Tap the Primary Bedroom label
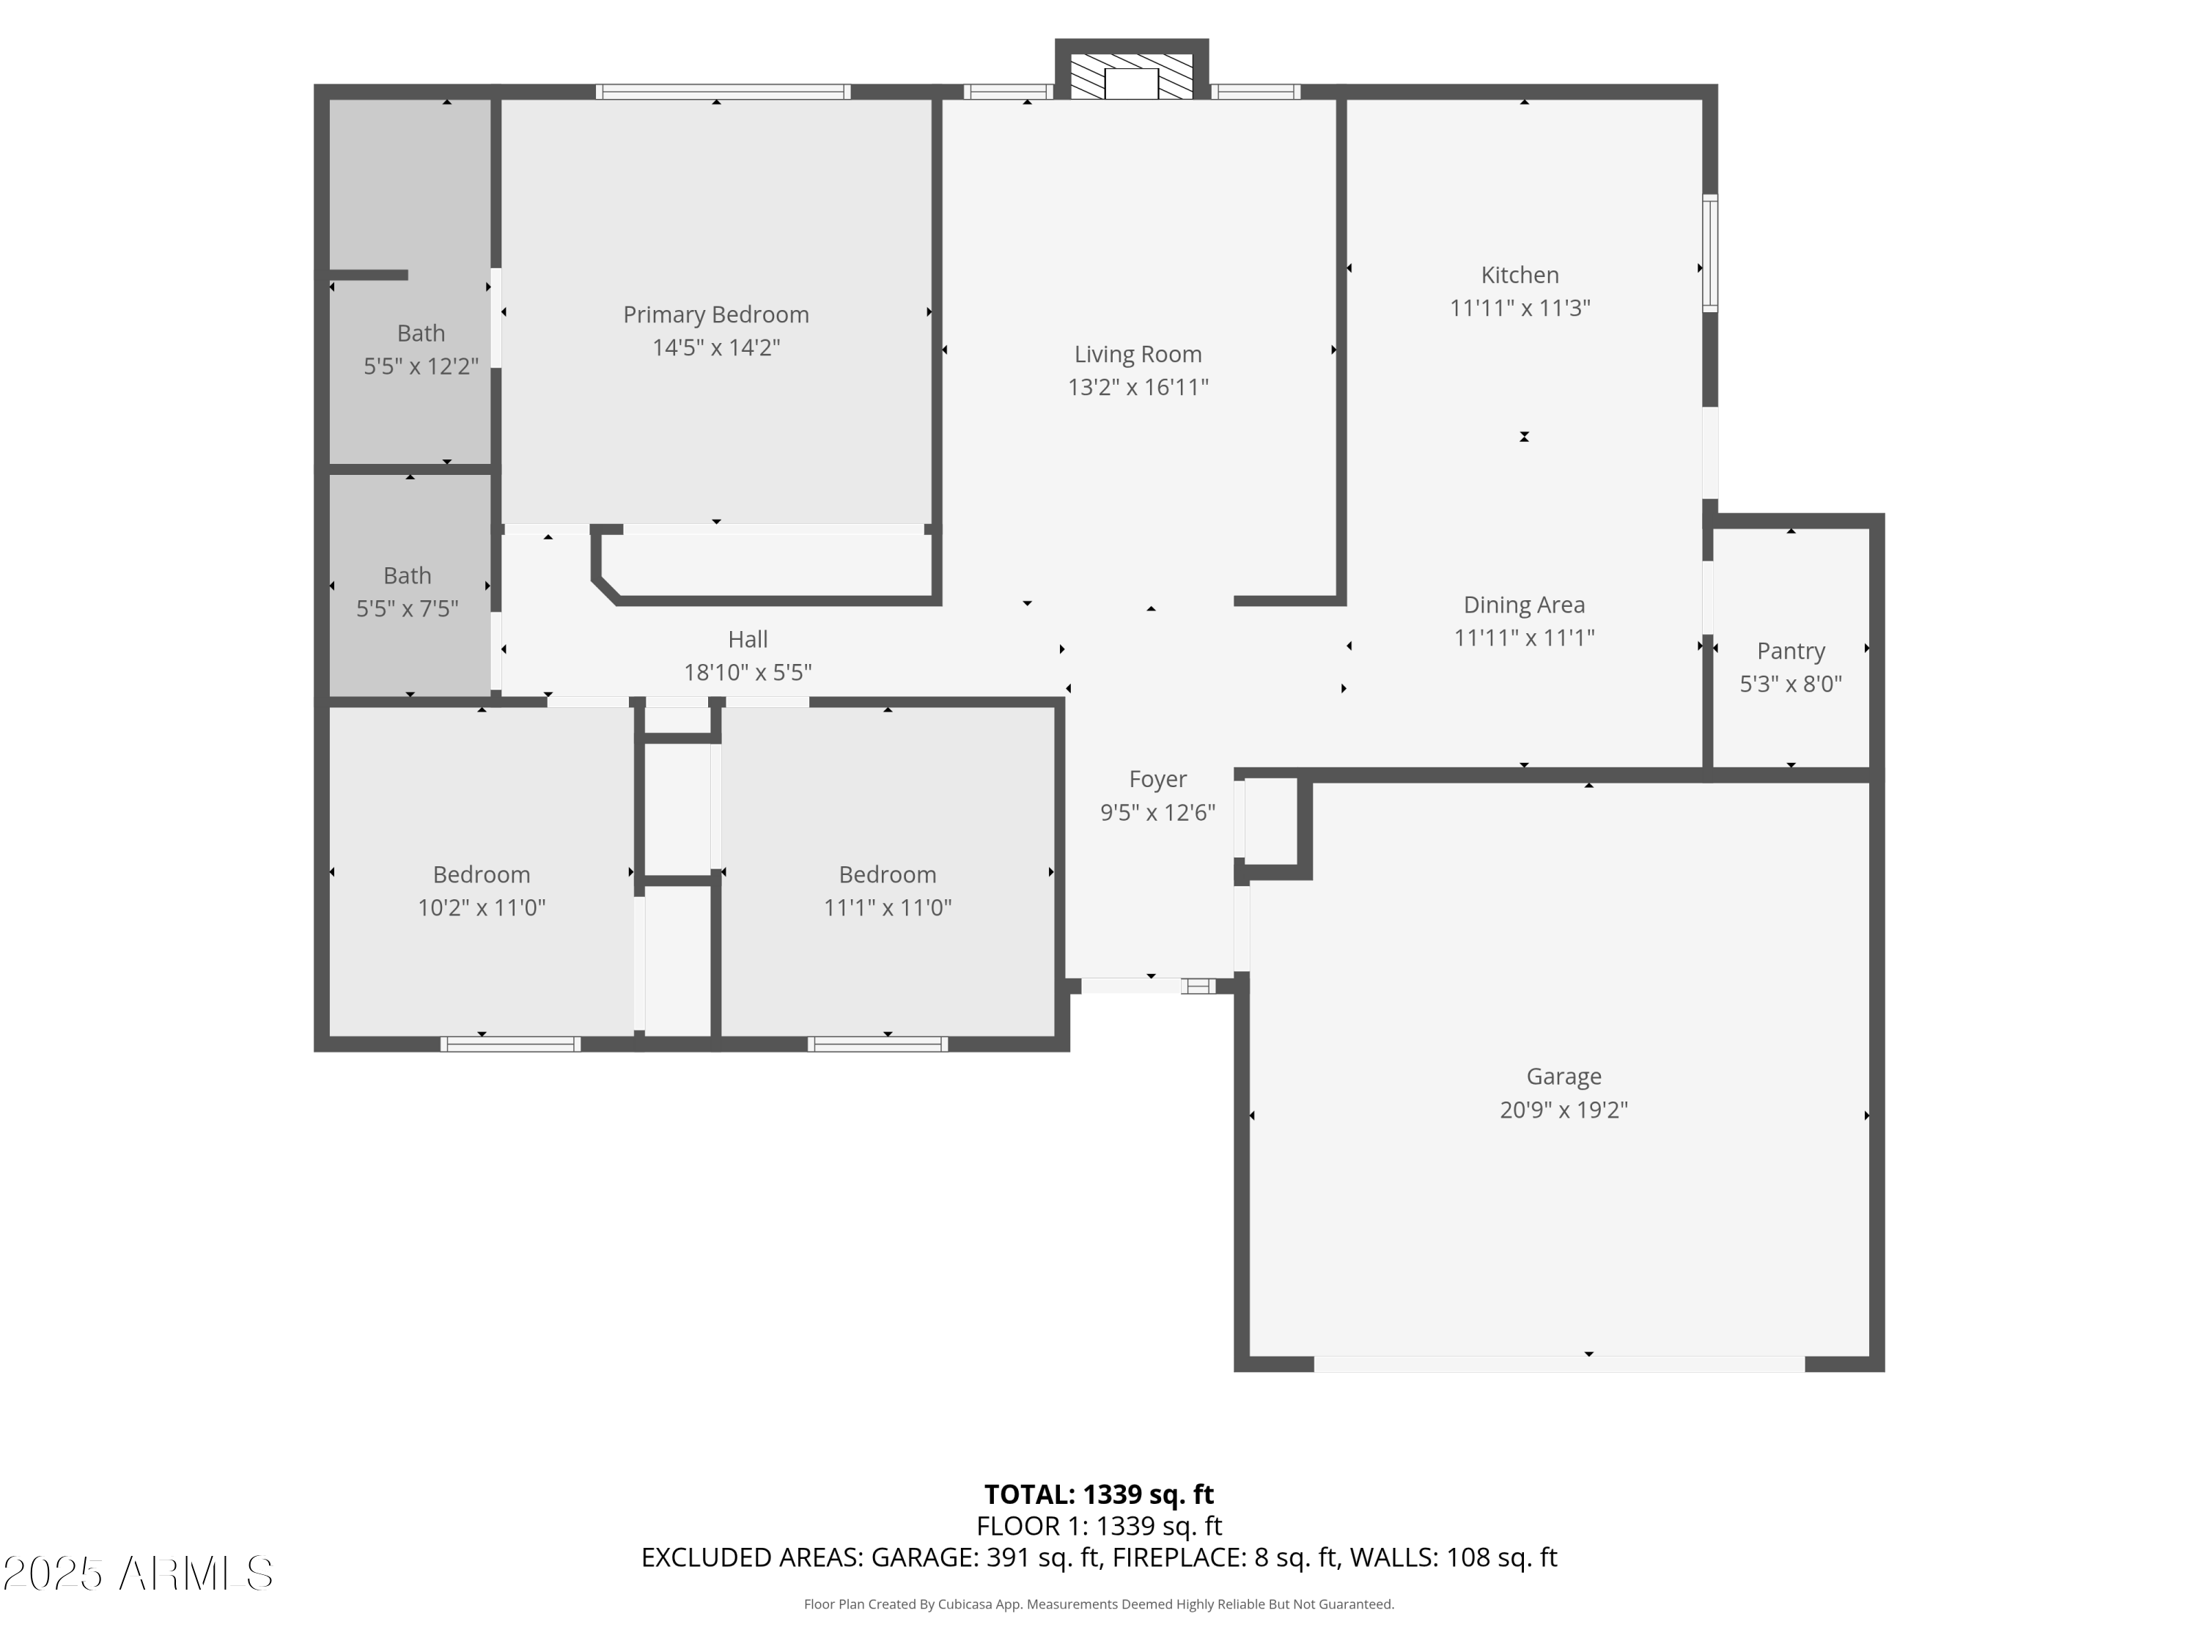(715, 315)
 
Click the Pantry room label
(1791, 651)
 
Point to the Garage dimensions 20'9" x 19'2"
(1563, 1110)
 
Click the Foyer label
(1157, 779)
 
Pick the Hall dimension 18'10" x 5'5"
(748, 673)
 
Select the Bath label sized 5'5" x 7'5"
(407, 575)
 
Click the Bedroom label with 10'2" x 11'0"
(481, 874)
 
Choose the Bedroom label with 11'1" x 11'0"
(887, 874)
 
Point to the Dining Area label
(1523, 605)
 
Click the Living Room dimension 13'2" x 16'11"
(1138, 388)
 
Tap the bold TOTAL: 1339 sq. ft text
(1099, 1494)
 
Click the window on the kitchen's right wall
(1710, 254)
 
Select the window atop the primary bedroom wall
(723, 92)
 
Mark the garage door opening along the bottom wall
(1559, 1364)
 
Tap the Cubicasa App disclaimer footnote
(1099, 1604)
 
